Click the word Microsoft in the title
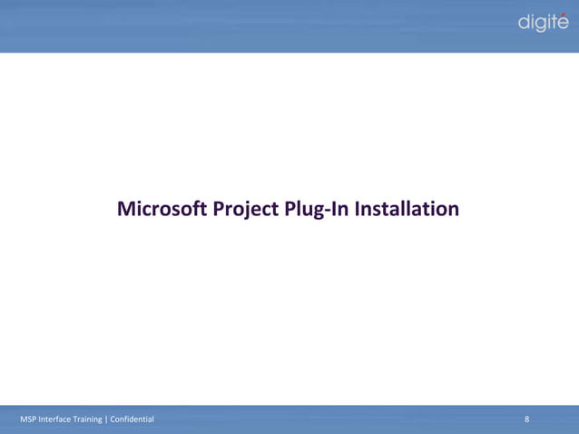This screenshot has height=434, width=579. tap(162, 210)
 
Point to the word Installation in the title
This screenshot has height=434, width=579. tap(406, 210)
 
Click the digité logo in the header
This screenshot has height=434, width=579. tap(543, 23)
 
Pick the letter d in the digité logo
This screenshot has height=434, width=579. tap(524, 23)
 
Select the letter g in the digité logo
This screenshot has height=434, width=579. tap(540, 25)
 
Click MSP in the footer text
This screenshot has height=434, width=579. tap(28, 419)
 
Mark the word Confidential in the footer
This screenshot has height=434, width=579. tap(132, 419)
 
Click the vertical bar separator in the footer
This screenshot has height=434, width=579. tap(107, 419)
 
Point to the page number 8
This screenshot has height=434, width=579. tap(527, 419)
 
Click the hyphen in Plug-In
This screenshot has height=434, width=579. tap(318, 212)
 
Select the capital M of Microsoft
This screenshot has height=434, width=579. tap(126, 210)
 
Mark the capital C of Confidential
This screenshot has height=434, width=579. tap(113, 419)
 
